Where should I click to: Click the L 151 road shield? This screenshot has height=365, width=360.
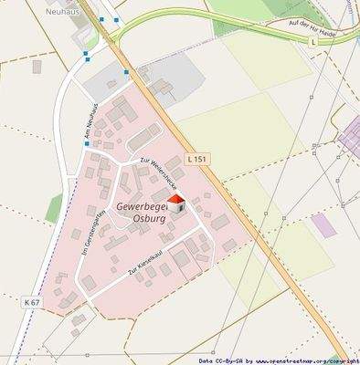(196, 159)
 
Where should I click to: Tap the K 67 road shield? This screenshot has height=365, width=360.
(32, 302)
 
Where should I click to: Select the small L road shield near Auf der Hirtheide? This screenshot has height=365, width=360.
(312, 41)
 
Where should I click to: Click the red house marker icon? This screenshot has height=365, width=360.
(175, 204)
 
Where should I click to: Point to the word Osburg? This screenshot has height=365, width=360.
(148, 219)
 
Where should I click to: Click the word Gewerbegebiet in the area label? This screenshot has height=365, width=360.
(137, 207)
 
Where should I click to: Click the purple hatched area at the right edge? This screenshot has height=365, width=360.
(351, 137)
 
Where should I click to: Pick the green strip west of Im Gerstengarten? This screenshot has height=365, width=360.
(55, 208)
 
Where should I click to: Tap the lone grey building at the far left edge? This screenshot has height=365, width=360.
(37, 67)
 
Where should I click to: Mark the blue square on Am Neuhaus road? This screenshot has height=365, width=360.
(86, 54)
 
